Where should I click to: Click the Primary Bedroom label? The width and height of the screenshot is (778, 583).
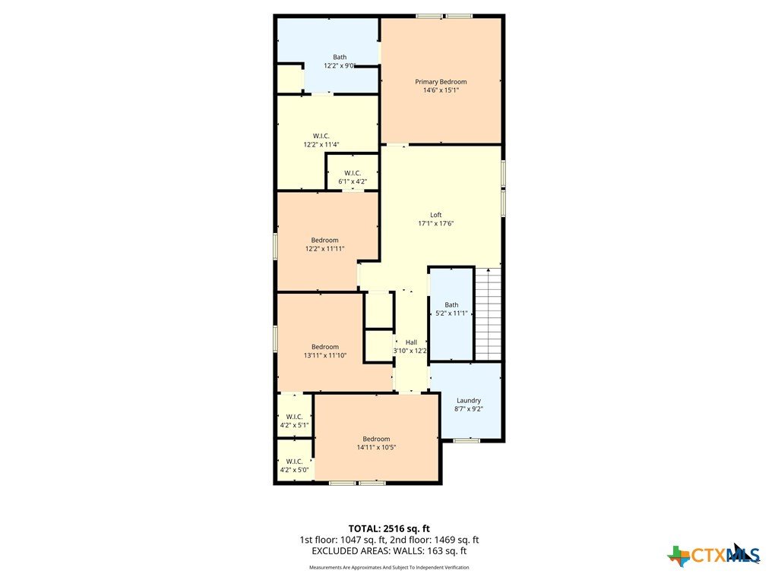[x=441, y=82]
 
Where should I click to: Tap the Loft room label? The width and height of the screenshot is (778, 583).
[x=435, y=215]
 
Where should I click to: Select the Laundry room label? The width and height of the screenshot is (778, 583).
[x=468, y=401]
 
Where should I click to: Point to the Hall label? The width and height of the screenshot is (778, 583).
[x=411, y=342]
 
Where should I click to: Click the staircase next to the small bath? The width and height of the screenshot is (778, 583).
[x=489, y=314]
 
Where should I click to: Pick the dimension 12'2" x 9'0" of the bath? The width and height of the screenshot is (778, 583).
[x=340, y=65]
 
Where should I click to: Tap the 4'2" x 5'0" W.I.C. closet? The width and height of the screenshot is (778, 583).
[x=294, y=460]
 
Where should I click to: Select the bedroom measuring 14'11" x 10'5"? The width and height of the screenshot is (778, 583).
[x=377, y=438]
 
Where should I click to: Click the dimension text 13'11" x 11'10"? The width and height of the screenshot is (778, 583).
[x=325, y=355]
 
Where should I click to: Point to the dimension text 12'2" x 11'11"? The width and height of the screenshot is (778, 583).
[x=324, y=249]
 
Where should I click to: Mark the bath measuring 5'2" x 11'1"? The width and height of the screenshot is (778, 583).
[x=451, y=314]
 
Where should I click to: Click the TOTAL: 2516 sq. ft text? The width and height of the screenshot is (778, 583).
[x=389, y=528]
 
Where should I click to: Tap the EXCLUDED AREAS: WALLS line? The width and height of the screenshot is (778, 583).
[x=389, y=551]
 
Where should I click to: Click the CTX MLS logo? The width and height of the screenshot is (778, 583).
[x=714, y=555]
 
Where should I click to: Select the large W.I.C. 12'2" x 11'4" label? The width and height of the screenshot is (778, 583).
[x=321, y=140]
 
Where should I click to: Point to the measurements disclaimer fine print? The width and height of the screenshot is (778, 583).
[x=389, y=568]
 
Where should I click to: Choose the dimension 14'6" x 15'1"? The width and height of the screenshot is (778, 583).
[x=441, y=90]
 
